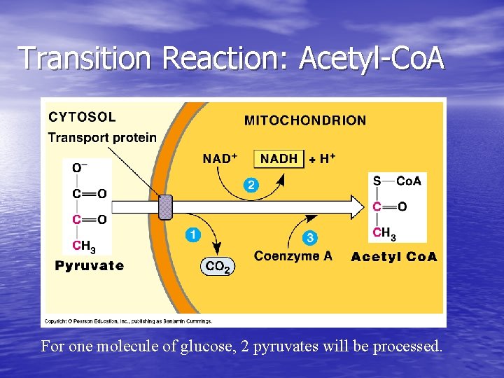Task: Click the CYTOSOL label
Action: (82, 117)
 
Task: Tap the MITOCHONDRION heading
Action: (304, 120)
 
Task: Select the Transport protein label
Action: (102, 137)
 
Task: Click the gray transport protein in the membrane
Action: (165, 207)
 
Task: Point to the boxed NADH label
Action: (279, 159)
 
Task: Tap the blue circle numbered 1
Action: (191, 234)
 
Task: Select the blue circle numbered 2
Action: (250, 185)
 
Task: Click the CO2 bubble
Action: (217, 267)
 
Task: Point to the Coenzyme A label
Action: (293, 256)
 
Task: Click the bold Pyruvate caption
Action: (90, 266)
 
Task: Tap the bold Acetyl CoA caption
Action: (394, 257)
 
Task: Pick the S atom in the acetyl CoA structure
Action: (377, 181)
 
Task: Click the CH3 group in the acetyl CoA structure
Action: (382, 232)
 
